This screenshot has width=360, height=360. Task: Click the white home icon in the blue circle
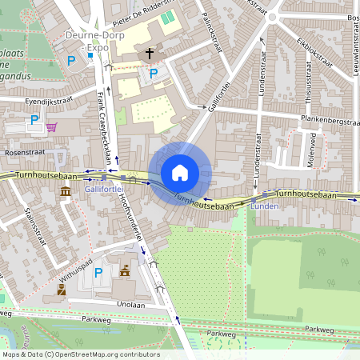click(180, 172)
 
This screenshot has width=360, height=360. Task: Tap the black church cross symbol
click(149, 54)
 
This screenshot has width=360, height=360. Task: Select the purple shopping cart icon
click(51, 126)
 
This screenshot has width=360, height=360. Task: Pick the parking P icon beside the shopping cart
click(34, 120)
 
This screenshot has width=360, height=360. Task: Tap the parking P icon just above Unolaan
click(99, 273)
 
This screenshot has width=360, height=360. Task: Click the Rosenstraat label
click(26, 151)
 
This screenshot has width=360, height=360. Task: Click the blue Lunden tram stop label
click(264, 206)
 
